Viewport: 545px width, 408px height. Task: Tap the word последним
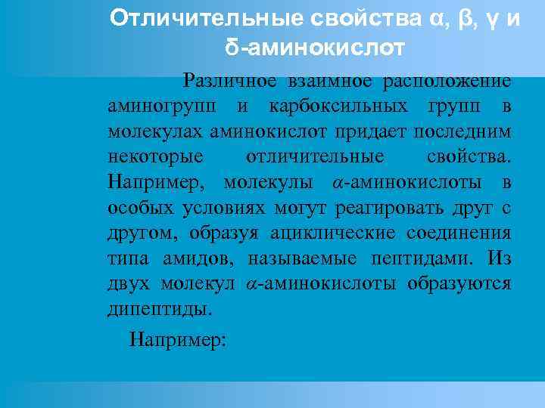tap(467, 131)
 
